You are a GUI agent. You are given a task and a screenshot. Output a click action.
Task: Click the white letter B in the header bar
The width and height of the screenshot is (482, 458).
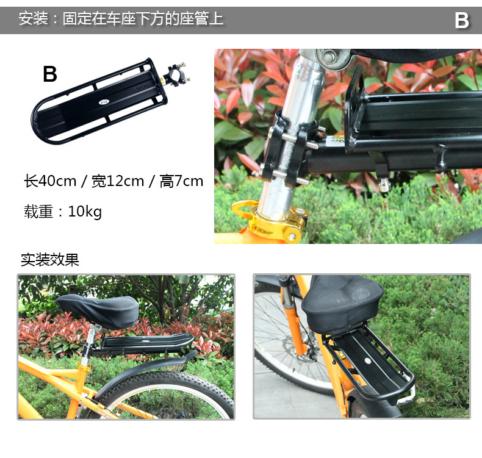click(x=462, y=21)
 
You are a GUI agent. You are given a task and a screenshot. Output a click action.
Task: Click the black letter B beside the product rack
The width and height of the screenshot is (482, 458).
click(x=50, y=74)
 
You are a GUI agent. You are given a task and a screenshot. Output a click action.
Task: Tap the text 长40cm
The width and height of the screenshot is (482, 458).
click(x=50, y=181)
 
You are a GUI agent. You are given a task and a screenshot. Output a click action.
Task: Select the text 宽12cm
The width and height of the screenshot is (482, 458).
click(x=118, y=181)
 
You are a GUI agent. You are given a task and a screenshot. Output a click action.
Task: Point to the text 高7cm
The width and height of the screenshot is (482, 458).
click(x=181, y=181)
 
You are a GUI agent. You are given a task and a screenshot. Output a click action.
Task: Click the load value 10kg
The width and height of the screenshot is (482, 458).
click(x=85, y=212)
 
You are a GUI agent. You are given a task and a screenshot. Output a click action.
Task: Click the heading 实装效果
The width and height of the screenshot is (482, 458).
click(x=50, y=260)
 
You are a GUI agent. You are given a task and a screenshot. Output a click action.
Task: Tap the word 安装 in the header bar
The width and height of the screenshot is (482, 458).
click(x=33, y=19)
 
